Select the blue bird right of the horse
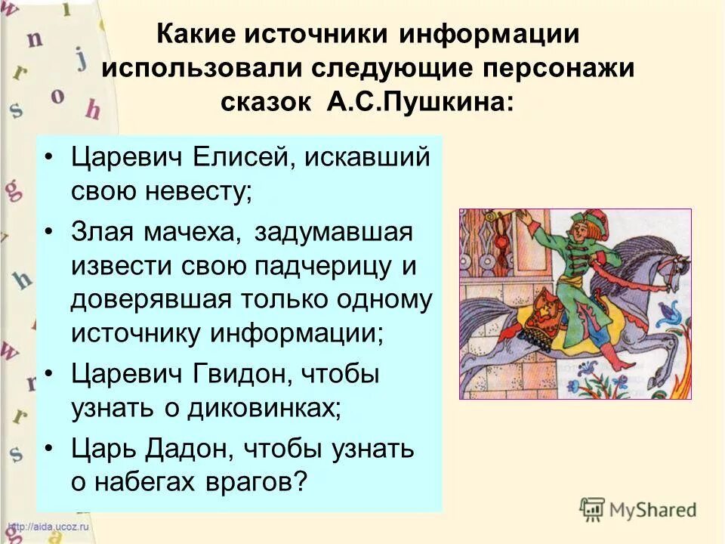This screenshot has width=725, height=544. coord(669,312)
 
